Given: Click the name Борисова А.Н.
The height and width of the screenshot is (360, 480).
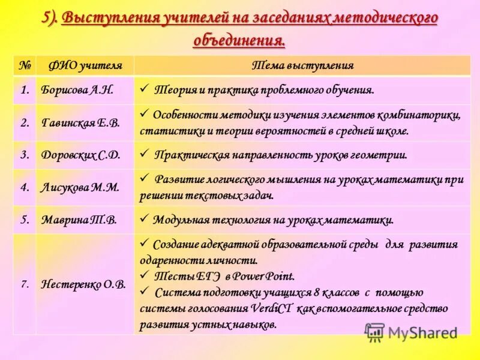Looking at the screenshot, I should (77, 90).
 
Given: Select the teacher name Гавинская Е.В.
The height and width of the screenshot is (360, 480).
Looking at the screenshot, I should (80, 123).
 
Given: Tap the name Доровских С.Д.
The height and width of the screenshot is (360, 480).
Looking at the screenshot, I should (80, 155).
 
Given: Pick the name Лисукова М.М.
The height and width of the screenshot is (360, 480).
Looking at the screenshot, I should (80, 187).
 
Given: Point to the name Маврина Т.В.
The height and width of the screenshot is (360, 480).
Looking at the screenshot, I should (79, 220).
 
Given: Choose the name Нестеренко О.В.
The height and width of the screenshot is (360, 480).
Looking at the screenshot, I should (83, 284).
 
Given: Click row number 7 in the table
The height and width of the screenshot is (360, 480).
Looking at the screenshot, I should (25, 284).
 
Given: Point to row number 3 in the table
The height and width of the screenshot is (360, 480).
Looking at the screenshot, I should (25, 155).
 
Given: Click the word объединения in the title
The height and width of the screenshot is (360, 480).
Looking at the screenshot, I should (239, 40).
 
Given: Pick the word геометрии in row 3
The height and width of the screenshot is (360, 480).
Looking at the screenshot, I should (379, 155).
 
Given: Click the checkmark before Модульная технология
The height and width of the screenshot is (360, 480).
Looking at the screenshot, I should (144, 219).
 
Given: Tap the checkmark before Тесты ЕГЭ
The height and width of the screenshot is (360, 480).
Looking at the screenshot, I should (144, 275).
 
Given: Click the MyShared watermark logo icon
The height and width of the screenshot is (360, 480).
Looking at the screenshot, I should (374, 332).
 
